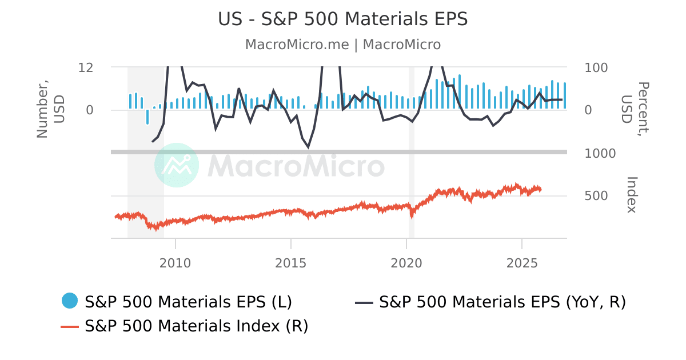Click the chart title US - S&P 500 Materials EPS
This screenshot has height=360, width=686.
pyautogui.click(x=342, y=19)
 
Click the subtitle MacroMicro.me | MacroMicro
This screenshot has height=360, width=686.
pyautogui.click(x=342, y=45)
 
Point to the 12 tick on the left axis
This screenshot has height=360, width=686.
pyautogui.click(x=86, y=67)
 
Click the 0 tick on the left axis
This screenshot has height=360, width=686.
pyautogui.click(x=89, y=110)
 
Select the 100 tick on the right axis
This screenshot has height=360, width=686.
pyautogui.click(x=596, y=67)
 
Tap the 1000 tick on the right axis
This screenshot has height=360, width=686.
pyautogui.click(x=600, y=153)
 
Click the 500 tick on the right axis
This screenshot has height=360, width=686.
pyautogui.click(x=596, y=196)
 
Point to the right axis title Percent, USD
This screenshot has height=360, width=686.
pyautogui.click(x=635, y=110)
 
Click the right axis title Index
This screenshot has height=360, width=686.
pyautogui.click(x=631, y=195)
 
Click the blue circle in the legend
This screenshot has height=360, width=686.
pyautogui.click(x=70, y=301)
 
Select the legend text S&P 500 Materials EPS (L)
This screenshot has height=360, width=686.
pyautogui.click(x=189, y=301)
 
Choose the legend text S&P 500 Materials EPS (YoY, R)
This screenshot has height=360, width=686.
pyautogui.click(x=502, y=301)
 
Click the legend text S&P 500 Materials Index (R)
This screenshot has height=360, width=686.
pyautogui.click(x=197, y=326)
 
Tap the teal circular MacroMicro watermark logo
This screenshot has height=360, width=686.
pyautogui.click(x=177, y=165)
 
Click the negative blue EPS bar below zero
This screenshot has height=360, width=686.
pyautogui.click(x=147, y=117)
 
